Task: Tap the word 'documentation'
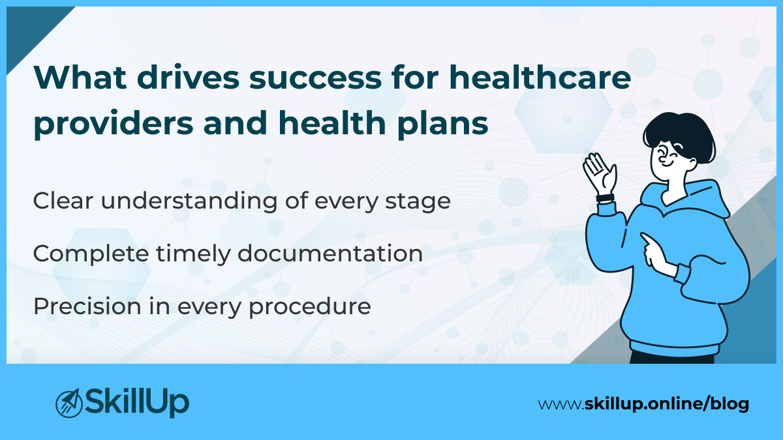tap(330, 254)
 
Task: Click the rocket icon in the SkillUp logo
tap(68, 403)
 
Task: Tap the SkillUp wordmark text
tap(137, 402)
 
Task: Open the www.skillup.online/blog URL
tap(643, 404)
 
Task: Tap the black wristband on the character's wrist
tap(605, 198)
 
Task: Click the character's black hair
tap(679, 130)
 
